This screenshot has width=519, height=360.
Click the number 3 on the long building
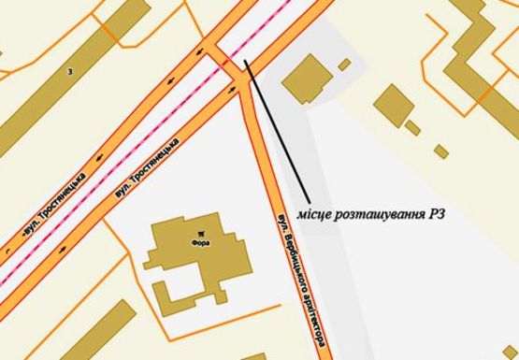click(69, 70)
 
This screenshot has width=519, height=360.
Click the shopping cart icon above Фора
click(199, 231)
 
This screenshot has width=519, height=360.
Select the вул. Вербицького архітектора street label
click(300, 280)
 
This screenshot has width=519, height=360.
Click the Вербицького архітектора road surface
click(271, 187)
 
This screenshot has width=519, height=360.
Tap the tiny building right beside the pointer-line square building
click(344, 65)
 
